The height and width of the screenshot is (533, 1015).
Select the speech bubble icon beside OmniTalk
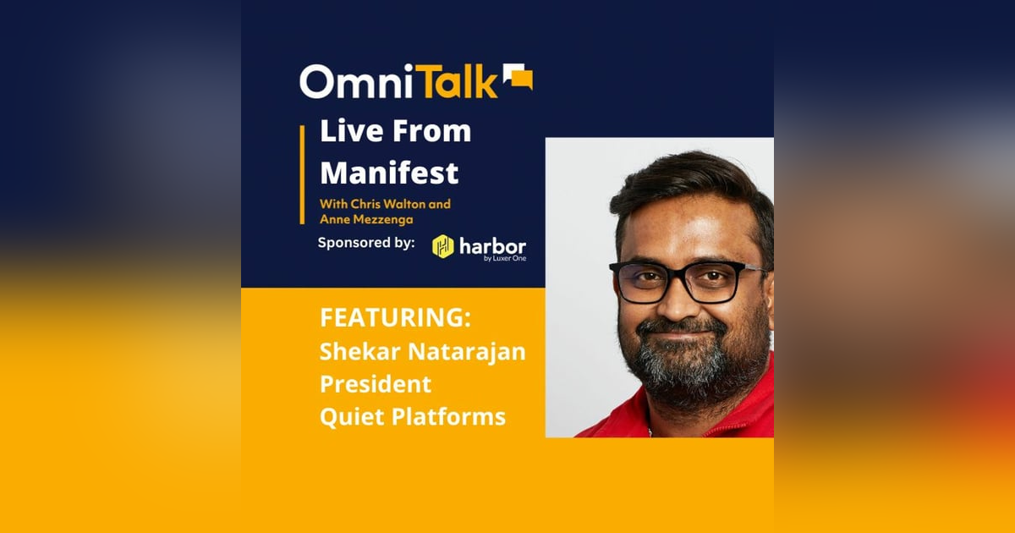518,77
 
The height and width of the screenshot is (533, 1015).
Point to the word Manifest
389,173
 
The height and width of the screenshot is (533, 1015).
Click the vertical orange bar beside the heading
302,174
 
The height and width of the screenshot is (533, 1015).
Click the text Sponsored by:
365,243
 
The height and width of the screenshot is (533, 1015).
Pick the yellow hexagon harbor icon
443,246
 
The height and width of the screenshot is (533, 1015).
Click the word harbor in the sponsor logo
491,245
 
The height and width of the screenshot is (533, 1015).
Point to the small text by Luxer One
505,258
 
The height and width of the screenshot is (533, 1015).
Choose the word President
375,383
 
